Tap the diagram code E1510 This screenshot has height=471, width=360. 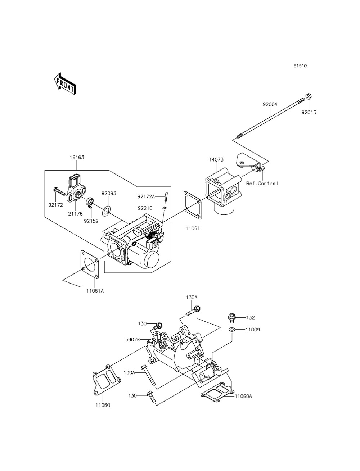click(300, 66)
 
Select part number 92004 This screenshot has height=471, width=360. click(270, 104)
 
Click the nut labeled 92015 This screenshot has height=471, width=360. click(308, 96)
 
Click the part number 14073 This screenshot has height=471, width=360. click(216, 159)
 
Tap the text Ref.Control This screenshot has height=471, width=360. click(262, 184)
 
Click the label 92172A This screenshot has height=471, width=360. click(146, 196)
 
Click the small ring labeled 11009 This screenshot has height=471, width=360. click(232, 330)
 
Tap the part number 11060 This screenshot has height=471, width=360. click(103, 405)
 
